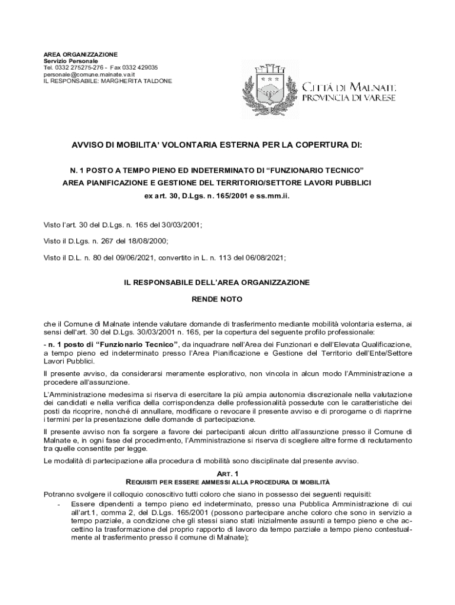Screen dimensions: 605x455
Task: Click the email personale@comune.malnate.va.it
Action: click(x=90, y=74)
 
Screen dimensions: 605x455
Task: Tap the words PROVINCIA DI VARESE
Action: click(x=349, y=97)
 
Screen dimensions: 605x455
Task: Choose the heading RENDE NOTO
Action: click(x=216, y=300)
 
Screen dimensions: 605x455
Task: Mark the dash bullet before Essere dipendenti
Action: click(x=58, y=504)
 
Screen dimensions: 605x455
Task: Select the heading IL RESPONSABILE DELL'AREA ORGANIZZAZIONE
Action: click(x=216, y=283)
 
